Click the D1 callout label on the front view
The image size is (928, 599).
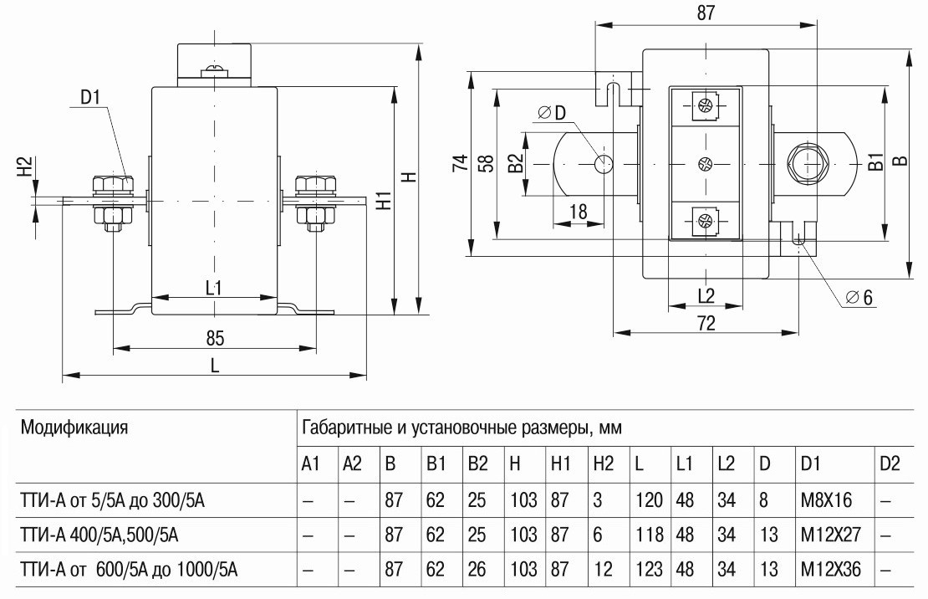coord(90,97)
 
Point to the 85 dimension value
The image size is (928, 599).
coord(215,339)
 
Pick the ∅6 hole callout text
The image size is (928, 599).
coord(859,298)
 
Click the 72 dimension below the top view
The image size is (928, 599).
coord(706,324)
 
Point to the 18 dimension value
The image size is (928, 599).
coord(578,212)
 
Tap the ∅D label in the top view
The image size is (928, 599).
coord(553,113)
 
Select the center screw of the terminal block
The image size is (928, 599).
coord(704,163)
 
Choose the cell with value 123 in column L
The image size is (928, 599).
coord(647,571)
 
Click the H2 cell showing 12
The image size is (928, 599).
coord(602,571)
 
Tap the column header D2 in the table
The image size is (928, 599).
coord(890,464)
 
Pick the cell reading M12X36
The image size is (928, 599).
coord(824,571)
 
